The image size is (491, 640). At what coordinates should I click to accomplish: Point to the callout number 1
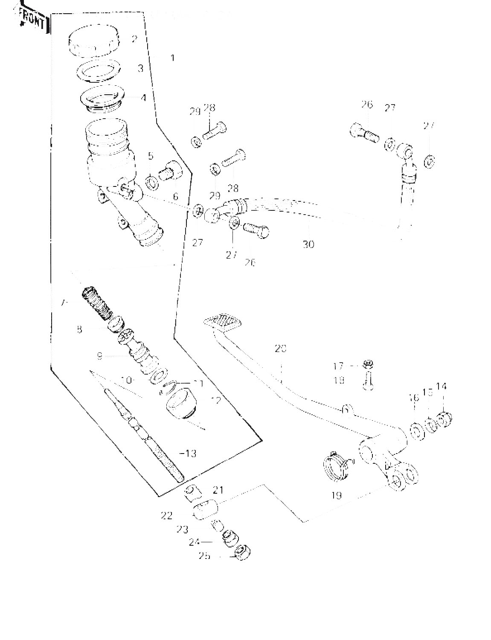pyautogui.click(x=172, y=58)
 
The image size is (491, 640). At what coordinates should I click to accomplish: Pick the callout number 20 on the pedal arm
pyautogui.click(x=281, y=349)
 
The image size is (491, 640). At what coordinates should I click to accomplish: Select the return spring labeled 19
pyautogui.click(x=337, y=466)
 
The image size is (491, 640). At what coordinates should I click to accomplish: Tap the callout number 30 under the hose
pyautogui.click(x=308, y=244)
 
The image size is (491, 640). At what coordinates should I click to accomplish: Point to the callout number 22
pyautogui.click(x=167, y=516)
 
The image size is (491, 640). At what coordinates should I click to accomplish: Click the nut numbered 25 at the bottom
pyautogui.click(x=242, y=553)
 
